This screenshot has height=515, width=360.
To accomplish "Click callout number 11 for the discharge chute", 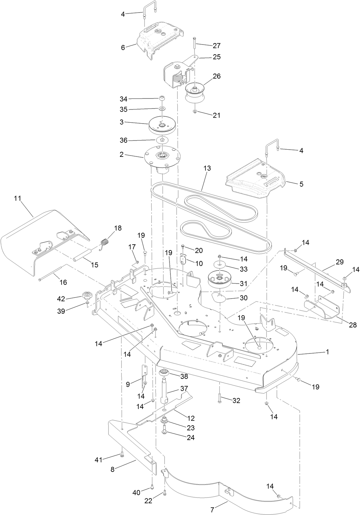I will (17, 198).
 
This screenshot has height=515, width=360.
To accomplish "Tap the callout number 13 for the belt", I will (207, 168).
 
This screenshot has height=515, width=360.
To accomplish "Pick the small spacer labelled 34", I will (162, 99).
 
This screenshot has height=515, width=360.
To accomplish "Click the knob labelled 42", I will (86, 295).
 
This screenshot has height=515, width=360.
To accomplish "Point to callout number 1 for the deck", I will (327, 352).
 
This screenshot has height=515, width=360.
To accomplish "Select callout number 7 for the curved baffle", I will (213, 510).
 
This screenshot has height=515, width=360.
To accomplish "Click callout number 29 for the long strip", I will (340, 262).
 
